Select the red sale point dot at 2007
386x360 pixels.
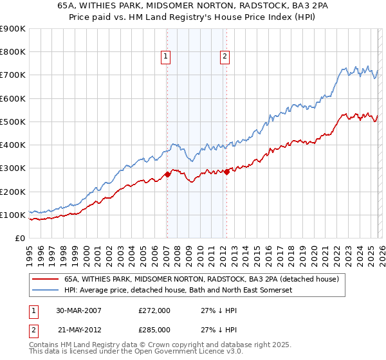point(167,174)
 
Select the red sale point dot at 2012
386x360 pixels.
point(226,171)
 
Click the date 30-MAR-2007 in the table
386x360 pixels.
point(78,310)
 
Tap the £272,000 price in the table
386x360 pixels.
point(154,310)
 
